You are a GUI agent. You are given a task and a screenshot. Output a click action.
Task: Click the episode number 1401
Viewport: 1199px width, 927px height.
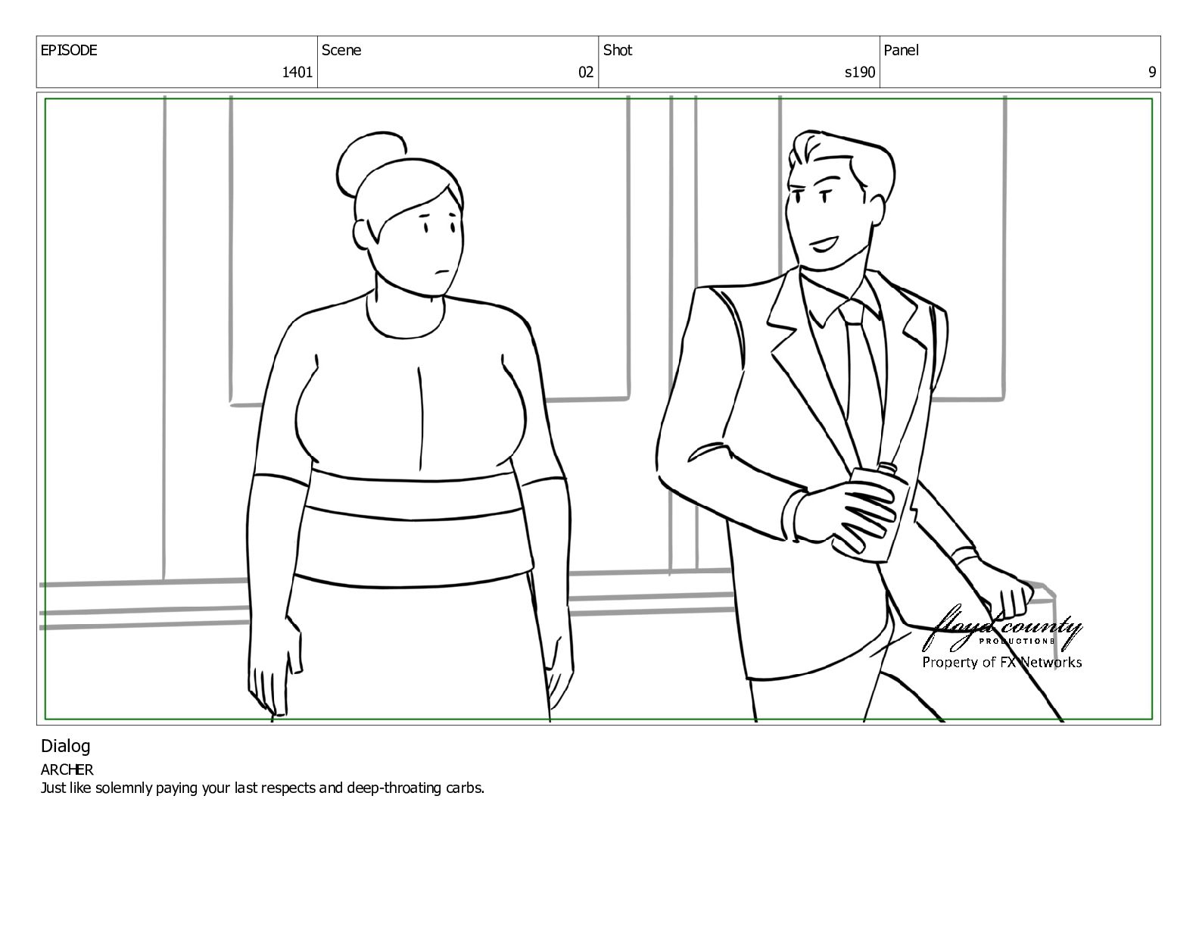[x=297, y=72]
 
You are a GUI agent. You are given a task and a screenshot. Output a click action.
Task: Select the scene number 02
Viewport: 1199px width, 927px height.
[x=585, y=72]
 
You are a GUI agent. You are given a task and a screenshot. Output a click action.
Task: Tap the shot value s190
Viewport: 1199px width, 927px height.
[x=859, y=72]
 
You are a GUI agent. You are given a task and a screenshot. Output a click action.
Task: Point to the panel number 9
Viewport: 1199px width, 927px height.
[x=1151, y=72]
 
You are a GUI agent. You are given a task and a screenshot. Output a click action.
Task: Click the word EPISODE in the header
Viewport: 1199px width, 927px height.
[x=68, y=50]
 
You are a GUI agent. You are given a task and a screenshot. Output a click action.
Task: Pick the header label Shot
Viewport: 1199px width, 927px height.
[x=617, y=50]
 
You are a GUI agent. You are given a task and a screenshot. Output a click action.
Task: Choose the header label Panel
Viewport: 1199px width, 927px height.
[x=901, y=50]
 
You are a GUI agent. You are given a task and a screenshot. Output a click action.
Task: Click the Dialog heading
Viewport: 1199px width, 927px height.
[x=65, y=747]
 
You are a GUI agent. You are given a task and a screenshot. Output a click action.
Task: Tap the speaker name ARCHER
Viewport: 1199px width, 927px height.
[x=67, y=769]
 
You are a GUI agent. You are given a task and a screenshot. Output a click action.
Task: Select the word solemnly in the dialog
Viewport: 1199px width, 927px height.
[x=123, y=788]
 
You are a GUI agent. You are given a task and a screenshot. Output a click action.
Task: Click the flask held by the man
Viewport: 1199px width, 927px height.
[x=877, y=511]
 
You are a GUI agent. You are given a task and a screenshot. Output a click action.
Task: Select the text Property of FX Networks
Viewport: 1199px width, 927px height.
[x=1001, y=662]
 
